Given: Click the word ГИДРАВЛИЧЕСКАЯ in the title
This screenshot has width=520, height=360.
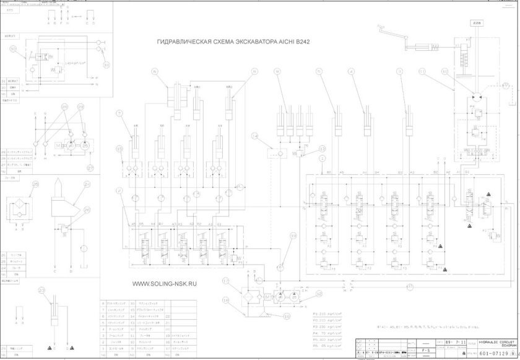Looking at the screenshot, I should (x=184, y=42).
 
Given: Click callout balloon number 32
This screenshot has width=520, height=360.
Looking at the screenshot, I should (x=14, y=50).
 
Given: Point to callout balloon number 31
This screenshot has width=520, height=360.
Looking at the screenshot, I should (x=106, y=64).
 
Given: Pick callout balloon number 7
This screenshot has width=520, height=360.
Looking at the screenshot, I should (x=119, y=113).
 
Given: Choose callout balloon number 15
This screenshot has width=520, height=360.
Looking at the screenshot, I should (x=119, y=149).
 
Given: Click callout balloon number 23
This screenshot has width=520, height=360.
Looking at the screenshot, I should (x=42, y=289).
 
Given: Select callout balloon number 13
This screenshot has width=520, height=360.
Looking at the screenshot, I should (x=322, y=149).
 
